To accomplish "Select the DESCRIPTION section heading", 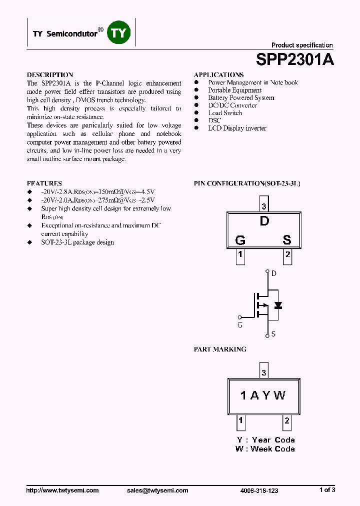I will [50, 74].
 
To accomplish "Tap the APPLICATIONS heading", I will [218, 74].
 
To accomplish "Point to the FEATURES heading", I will [44, 183].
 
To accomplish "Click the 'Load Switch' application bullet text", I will [225, 113].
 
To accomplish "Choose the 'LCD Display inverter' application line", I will [237, 128].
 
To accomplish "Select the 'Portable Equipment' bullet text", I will [234, 90].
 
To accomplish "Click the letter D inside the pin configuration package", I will [264, 221].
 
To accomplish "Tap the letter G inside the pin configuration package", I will [240, 240].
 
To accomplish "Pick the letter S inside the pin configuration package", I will [287, 240].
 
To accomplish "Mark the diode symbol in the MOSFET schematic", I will [278, 305].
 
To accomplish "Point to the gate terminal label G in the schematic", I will [240, 324].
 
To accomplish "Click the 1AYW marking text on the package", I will [263, 395].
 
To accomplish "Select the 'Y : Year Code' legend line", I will [265, 440].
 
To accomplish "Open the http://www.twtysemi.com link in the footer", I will [62, 490].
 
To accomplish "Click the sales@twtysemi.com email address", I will [157, 490].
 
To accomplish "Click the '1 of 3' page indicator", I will [327, 490].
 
